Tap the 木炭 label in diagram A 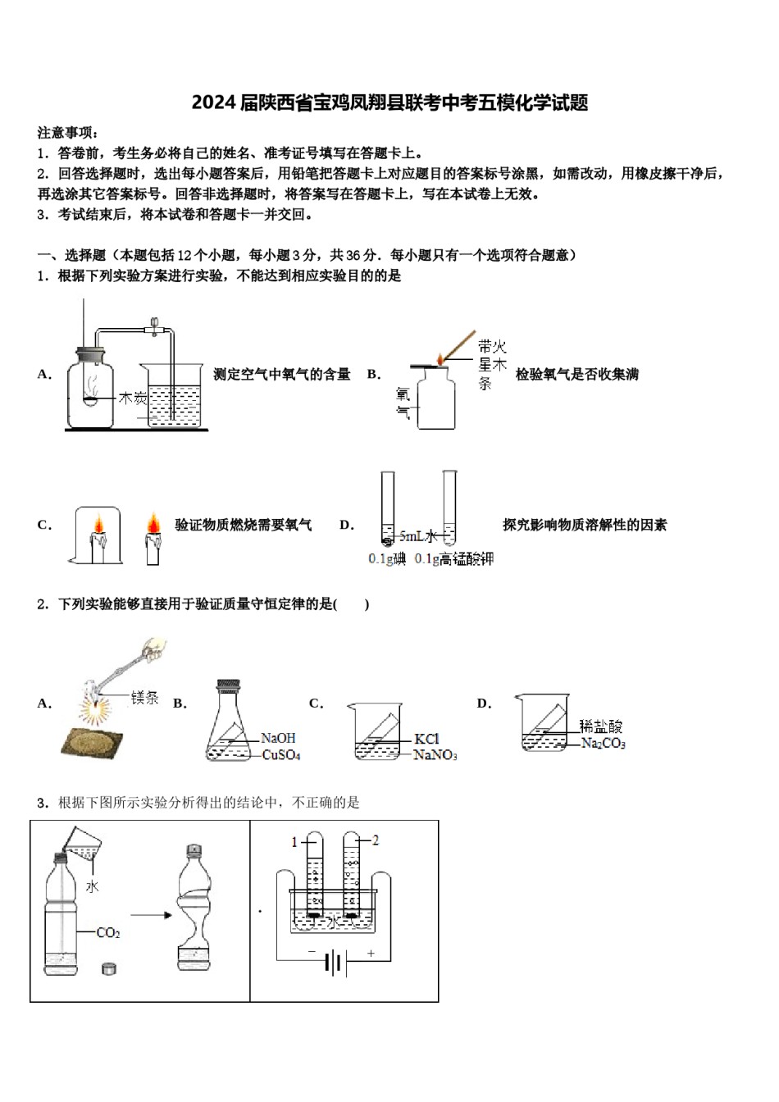click(x=133, y=398)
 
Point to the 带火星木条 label click(x=492, y=364)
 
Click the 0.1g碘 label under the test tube click(x=387, y=558)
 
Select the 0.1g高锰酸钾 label click(x=454, y=558)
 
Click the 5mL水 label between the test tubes click(x=418, y=536)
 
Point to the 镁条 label click(x=145, y=698)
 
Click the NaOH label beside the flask click(x=278, y=738)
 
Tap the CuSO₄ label click(x=281, y=755)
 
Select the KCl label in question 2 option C click(x=426, y=738)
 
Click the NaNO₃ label click(x=435, y=755)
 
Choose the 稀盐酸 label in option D click(x=601, y=726)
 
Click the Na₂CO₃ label click(x=604, y=744)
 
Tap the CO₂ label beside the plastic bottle click(x=108, y=933)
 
